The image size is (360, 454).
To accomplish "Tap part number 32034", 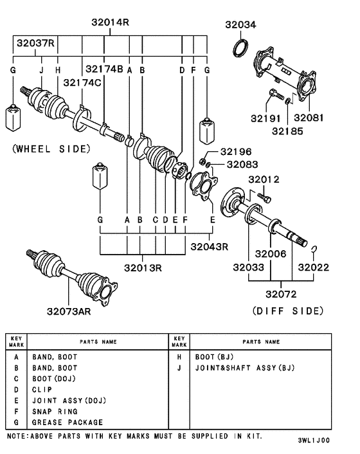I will pos(239,25).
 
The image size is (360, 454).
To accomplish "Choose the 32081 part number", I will pos(309,119).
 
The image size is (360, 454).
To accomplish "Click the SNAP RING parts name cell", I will pos(55,412).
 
